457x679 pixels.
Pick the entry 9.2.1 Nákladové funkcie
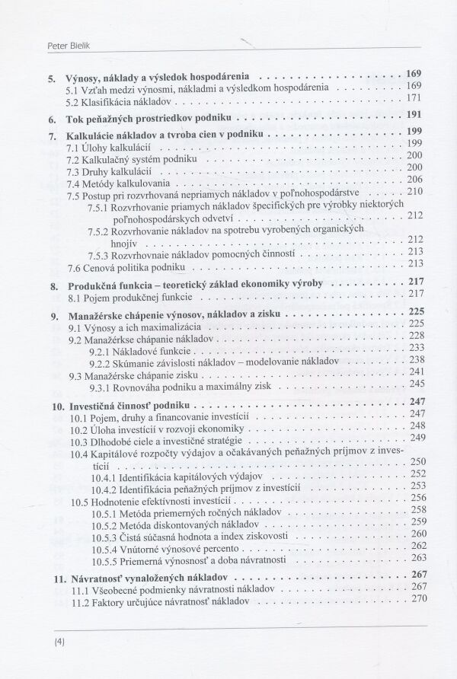click(139, 346)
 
